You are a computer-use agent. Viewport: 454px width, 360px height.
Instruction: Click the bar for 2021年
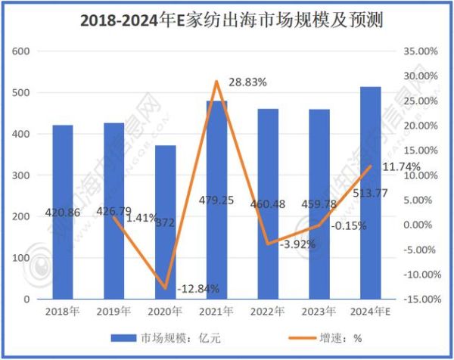(x=216, y=227)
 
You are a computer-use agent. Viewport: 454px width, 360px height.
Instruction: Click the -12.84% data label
(x=198, y=290)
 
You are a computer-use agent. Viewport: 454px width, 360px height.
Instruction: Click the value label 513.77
(x=371, y=213)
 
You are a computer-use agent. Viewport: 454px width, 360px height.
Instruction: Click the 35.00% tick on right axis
(x=417, y=51)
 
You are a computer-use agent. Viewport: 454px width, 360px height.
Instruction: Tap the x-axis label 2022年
(x=268, y=312)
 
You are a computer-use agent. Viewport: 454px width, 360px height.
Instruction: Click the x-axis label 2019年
(x=114, y=312)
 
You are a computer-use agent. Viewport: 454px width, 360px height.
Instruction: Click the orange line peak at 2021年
(x=216, y=81)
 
